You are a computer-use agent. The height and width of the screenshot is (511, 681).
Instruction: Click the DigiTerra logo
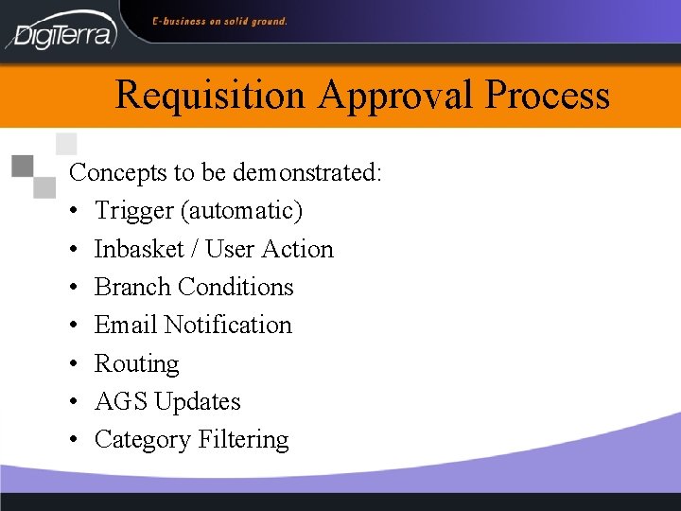click(61, 31)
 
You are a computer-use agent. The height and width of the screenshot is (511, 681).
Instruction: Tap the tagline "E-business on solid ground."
click(220, 21)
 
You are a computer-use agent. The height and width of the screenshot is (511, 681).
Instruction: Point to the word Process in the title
click(548, 96)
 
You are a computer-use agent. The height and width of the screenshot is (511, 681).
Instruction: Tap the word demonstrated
click(306, 173)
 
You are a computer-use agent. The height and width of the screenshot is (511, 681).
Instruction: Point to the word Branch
click(132, 287)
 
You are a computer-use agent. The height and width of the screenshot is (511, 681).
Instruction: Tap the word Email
click(126, 325)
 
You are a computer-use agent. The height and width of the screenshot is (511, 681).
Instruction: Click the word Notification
click(228, 325)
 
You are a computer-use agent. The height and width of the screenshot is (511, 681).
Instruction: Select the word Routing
click(136, 364)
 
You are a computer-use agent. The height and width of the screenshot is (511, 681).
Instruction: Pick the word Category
click(143, 440)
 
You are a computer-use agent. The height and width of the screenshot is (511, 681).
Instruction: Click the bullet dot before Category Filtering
click(75, 440)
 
